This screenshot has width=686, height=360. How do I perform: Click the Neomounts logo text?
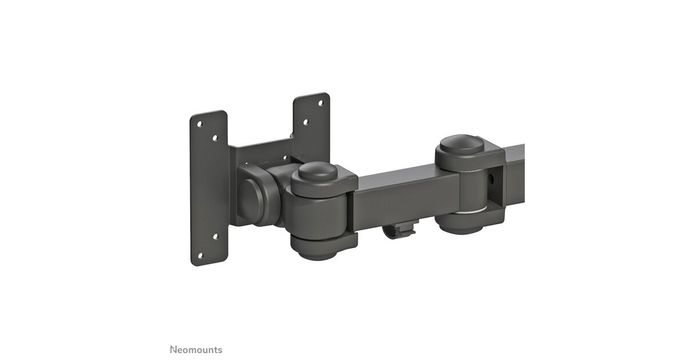click(196, 350)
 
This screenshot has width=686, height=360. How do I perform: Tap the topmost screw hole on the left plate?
click(200, 124)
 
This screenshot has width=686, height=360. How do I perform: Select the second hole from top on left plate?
click(215, 138)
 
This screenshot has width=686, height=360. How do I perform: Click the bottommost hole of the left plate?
click(200, 255)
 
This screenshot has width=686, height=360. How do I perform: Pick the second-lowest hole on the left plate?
click(216, 237)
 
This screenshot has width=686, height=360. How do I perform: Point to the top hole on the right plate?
click(321, 103)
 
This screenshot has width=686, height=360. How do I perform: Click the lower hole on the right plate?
click(306, 122)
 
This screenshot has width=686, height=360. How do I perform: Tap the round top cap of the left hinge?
click(318, 171)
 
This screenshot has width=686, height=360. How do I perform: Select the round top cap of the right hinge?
click(462, 145)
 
